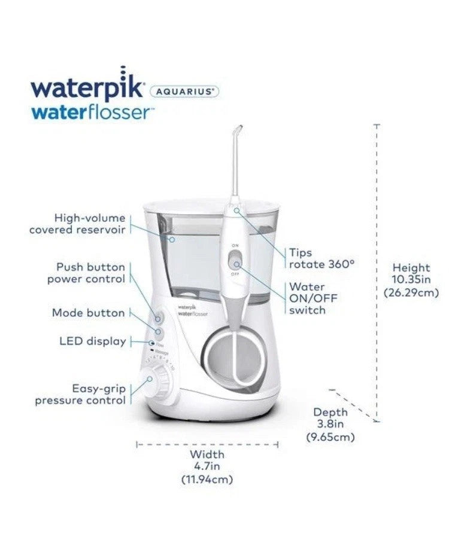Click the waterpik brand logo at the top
(x=87, y=89)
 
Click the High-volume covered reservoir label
(x=78, y=224)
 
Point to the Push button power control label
(x=86, y=273)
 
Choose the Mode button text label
(x=88, y=313)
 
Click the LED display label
(x=92, y=341)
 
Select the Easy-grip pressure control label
(x=80, y=394)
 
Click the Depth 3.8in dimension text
(x=330, y=425)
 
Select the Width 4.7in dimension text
(x=207, y=466)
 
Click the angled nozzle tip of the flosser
(x=237, y=130)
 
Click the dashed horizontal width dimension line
(x=207, y=444)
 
